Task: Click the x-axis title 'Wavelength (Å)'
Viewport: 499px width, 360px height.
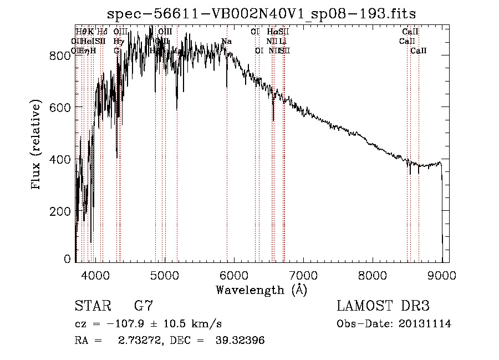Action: tap(261, 290)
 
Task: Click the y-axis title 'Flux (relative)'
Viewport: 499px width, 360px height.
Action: tap(37, 145)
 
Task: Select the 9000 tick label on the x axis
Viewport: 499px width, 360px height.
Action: tap(442, 273)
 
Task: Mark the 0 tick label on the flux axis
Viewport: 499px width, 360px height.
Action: tap(67, 259)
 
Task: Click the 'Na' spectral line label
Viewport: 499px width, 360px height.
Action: tap(226, 41)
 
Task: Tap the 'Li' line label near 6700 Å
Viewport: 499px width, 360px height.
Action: tap(283, 41)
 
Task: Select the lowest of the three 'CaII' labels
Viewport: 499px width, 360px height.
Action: tap(419, 50)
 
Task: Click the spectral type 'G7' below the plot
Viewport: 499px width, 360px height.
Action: tap(144, 306)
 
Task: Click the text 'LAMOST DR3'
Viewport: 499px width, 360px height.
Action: tap(383, 306)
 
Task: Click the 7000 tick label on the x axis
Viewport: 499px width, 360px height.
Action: tap(303, 273)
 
